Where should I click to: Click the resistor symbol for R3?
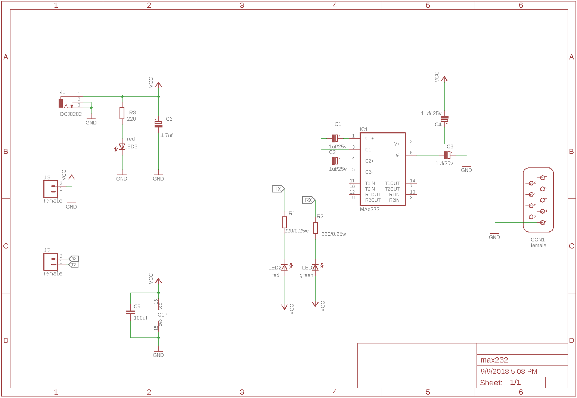click(x=122, y=113)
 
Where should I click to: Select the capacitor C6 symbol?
click(x=158, y=124)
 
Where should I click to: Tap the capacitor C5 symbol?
click(x=130, y=312)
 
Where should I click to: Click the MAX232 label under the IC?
click(x=369, y=209)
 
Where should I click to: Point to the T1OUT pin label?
click(x=392, y=183)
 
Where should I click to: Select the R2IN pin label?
click(x=394, y=200)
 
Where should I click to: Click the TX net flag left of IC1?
click(x=278, y=189)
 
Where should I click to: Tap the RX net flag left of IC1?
click(x=309, y=200)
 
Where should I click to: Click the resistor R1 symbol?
click(x=285, y=222)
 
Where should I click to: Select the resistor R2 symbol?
click(x=316, y=228)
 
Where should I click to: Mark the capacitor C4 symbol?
click(x=444, y=119)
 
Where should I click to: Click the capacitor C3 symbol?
click(x=447, y=155)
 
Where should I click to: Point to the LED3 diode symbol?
click(x=122, y=147)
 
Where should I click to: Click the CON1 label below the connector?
click(x=537, y=240)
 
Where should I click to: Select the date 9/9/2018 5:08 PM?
click(x=509, y=371)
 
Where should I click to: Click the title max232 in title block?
click(x=494, y=360)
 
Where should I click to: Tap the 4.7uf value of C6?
click(x=167, y=135)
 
